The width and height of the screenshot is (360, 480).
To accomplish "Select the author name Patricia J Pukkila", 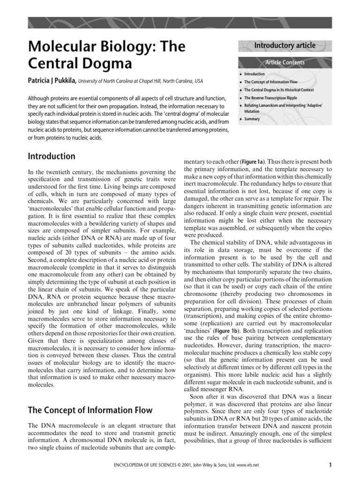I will [x=52, y=81].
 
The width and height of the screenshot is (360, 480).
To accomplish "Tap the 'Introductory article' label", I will [x=285, y=45].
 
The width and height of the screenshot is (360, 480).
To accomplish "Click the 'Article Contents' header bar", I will [x=285, y=62].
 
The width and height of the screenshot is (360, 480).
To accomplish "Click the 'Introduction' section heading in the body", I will [x=52, y=156].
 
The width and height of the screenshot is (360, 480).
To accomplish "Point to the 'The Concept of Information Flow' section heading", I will [x=90, y=410].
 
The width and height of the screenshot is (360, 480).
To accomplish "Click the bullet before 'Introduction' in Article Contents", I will [x=240, y=74].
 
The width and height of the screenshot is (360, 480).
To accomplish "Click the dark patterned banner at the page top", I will [x=180, y=22].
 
